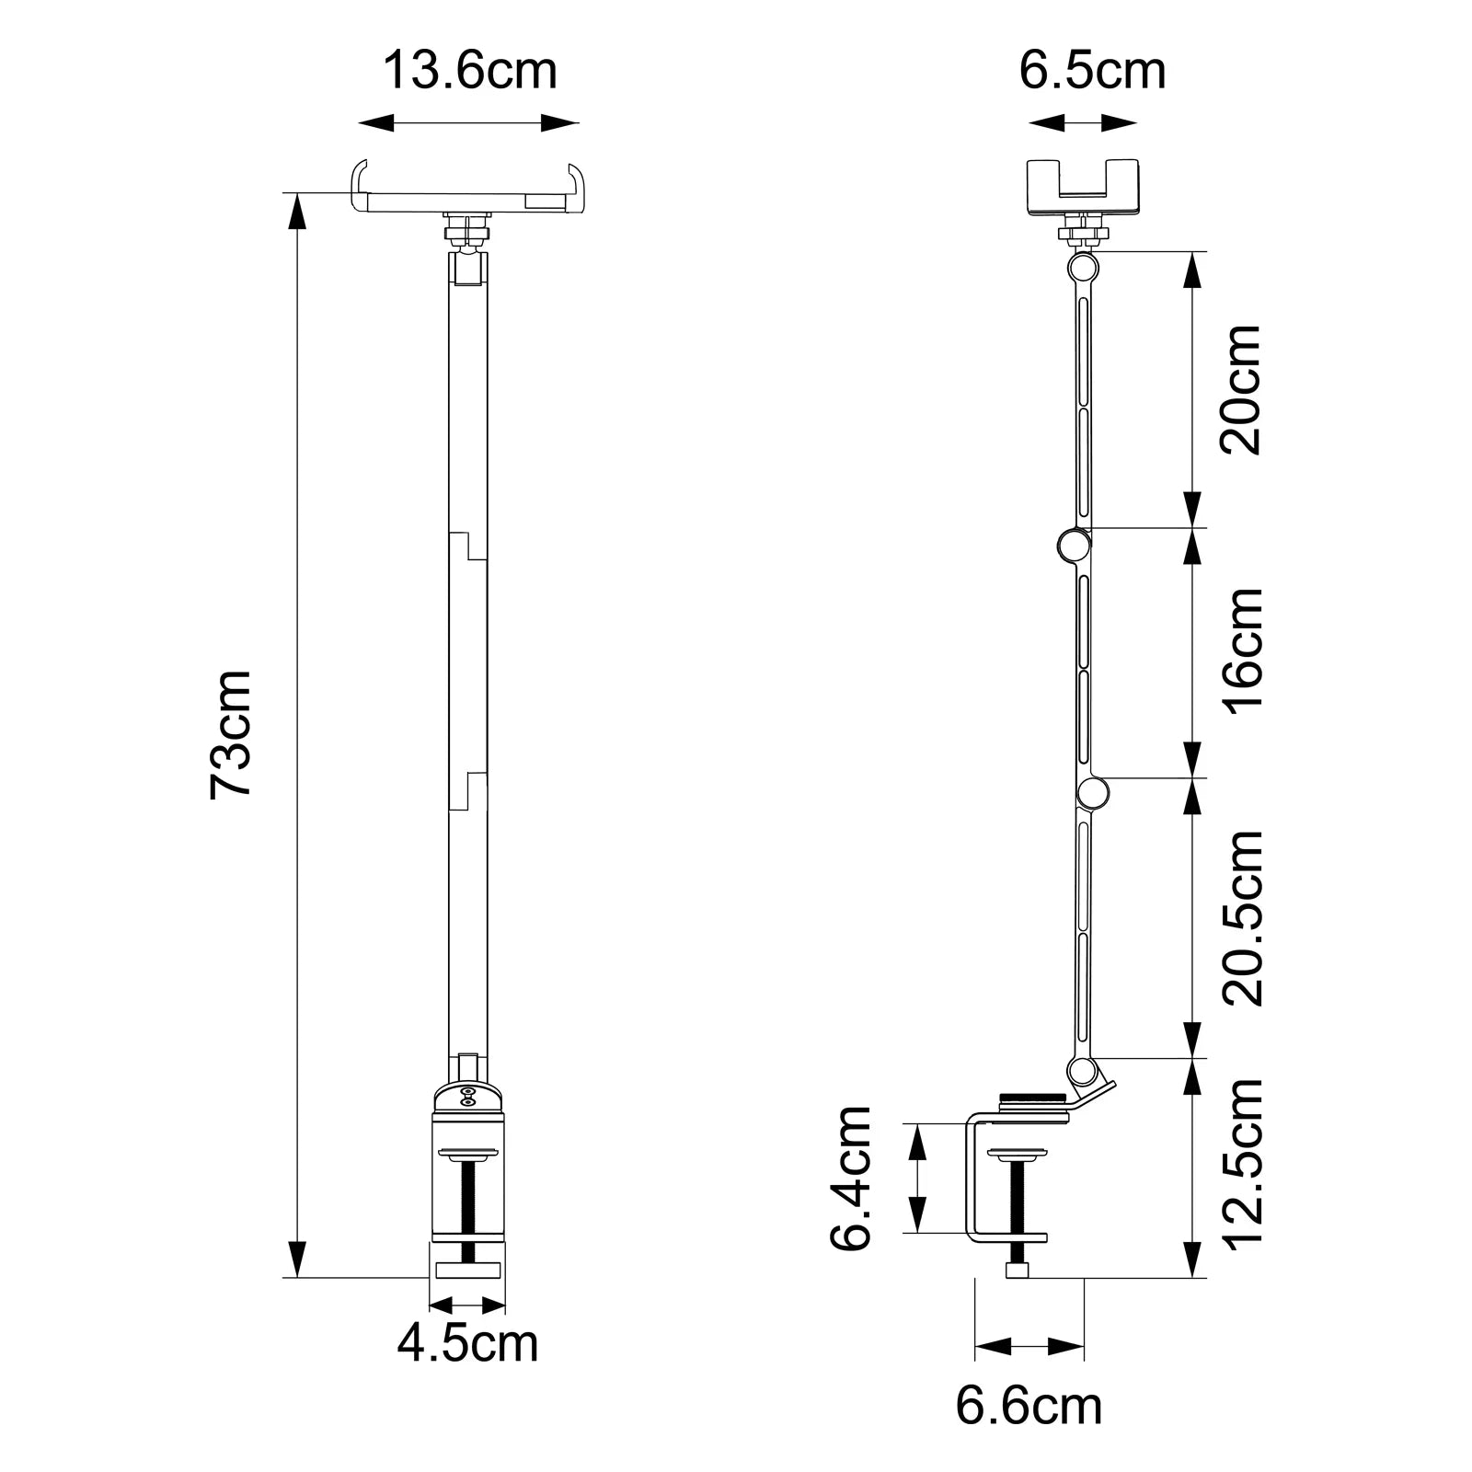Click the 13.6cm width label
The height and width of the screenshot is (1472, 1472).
469,71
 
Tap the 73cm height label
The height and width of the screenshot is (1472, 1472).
230,734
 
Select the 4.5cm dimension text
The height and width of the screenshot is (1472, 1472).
467,1343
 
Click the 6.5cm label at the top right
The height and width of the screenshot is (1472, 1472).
1092,71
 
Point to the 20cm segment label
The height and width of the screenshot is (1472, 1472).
1241,388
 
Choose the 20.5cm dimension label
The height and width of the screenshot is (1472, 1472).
1241,917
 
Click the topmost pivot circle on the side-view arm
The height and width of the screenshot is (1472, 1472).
1084,268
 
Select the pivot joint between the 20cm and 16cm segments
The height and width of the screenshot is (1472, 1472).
1073,546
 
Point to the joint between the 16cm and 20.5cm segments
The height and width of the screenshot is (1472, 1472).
1093,792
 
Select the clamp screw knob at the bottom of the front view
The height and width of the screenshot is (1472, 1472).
467,1271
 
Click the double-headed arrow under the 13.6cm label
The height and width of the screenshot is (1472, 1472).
468,122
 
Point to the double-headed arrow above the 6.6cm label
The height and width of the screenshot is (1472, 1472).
1029,1348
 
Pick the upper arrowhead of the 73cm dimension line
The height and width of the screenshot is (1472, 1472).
296,211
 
